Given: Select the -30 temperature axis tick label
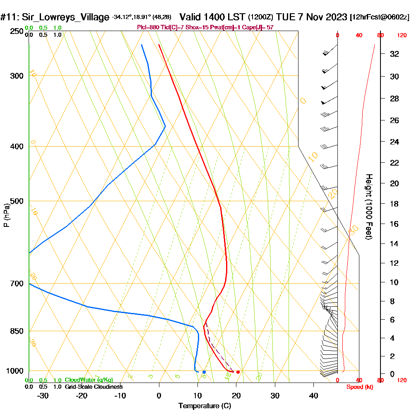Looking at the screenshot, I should [43, 395].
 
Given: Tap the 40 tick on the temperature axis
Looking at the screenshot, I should [313, 395].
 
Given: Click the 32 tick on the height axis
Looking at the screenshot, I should [395, 54].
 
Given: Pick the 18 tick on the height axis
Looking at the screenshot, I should [395, 204].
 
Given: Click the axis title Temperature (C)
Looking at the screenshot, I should [205, 406].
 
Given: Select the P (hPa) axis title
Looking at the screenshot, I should [6, 215].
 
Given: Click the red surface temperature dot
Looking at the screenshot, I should [238, 372].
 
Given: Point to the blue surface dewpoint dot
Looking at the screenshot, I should [204, 372].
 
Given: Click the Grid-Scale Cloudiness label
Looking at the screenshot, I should [94, 387].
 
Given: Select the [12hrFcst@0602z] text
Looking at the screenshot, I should [380, 17].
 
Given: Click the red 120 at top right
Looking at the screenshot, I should [401, 36].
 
